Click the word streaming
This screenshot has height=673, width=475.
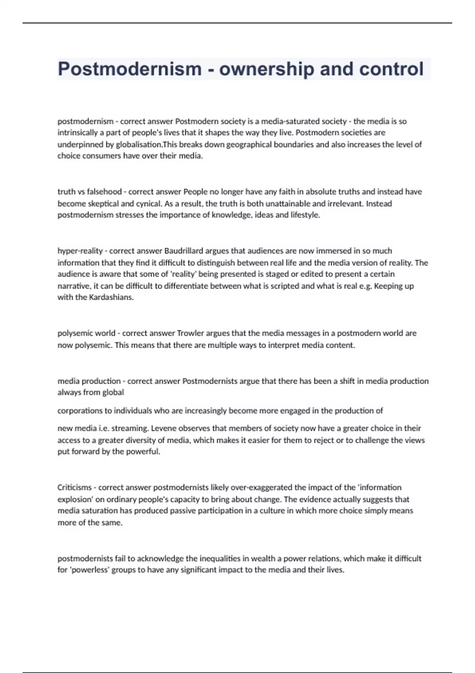(x=121, y=428)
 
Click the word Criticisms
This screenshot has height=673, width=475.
(x=74, y=487)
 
